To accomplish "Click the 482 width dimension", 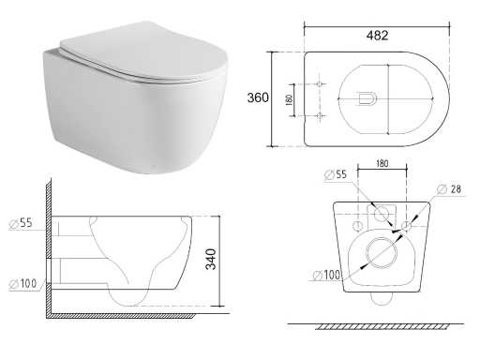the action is tap(377, 36).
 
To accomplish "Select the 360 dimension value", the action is tap(258, 97).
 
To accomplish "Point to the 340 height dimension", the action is tap(211, 259).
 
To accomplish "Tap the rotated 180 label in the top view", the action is tap(290, 99).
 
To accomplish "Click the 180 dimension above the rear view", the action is tap(382, 163).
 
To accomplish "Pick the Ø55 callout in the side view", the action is tap(21, 223).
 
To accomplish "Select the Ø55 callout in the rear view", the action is tap(336, 174).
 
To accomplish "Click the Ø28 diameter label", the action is tap(449, 189).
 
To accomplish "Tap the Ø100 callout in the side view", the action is tap(22, 284).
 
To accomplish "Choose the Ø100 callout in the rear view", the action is tap(326, 275).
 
